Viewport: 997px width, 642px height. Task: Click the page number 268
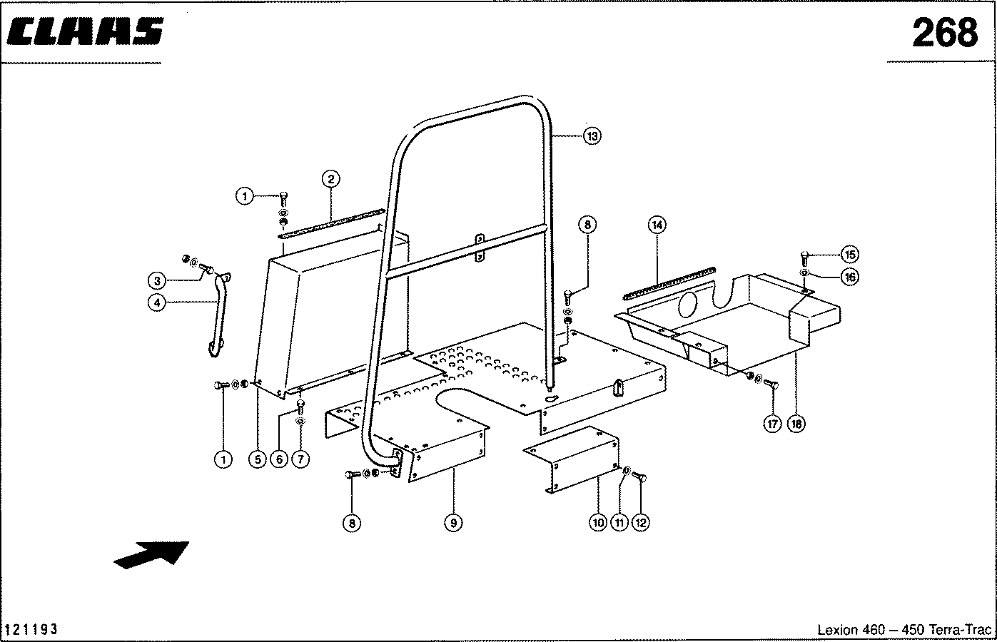click(944, 32)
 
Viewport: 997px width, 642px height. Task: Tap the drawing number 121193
click(31, 629)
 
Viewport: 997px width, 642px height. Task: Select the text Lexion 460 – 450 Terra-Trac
click(904, 630)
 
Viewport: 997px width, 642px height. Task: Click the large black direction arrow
click(151, 554)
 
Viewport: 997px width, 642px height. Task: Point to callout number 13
click(592, 136)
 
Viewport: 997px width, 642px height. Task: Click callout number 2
click(330, 179)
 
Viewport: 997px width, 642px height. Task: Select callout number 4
click(157, 302)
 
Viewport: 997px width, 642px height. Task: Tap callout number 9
click(453, 524)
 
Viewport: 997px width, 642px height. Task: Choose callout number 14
click(657, 225)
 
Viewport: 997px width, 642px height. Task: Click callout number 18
click(796, 424)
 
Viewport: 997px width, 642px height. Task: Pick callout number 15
click(849, 255)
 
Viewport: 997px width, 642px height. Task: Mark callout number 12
click(640, 524)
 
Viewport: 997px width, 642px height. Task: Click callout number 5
click(257, 460)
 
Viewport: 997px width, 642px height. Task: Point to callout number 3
click(157, 280)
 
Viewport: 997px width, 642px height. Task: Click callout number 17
click(772, 424)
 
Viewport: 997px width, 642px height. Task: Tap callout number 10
click(598, 524)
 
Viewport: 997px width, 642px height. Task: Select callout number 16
click(849, 277)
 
